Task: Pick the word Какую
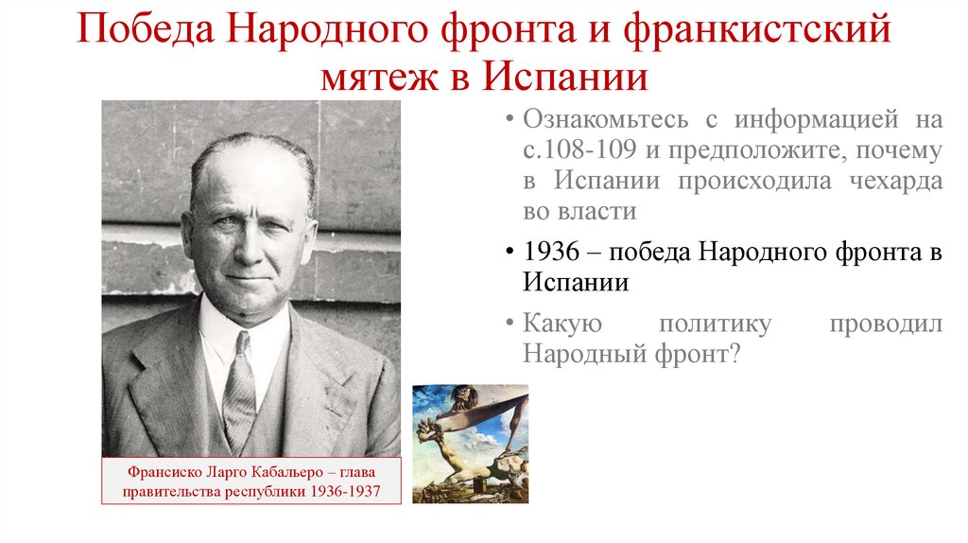[x=562, y=324]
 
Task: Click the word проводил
[x=886, y=324]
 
